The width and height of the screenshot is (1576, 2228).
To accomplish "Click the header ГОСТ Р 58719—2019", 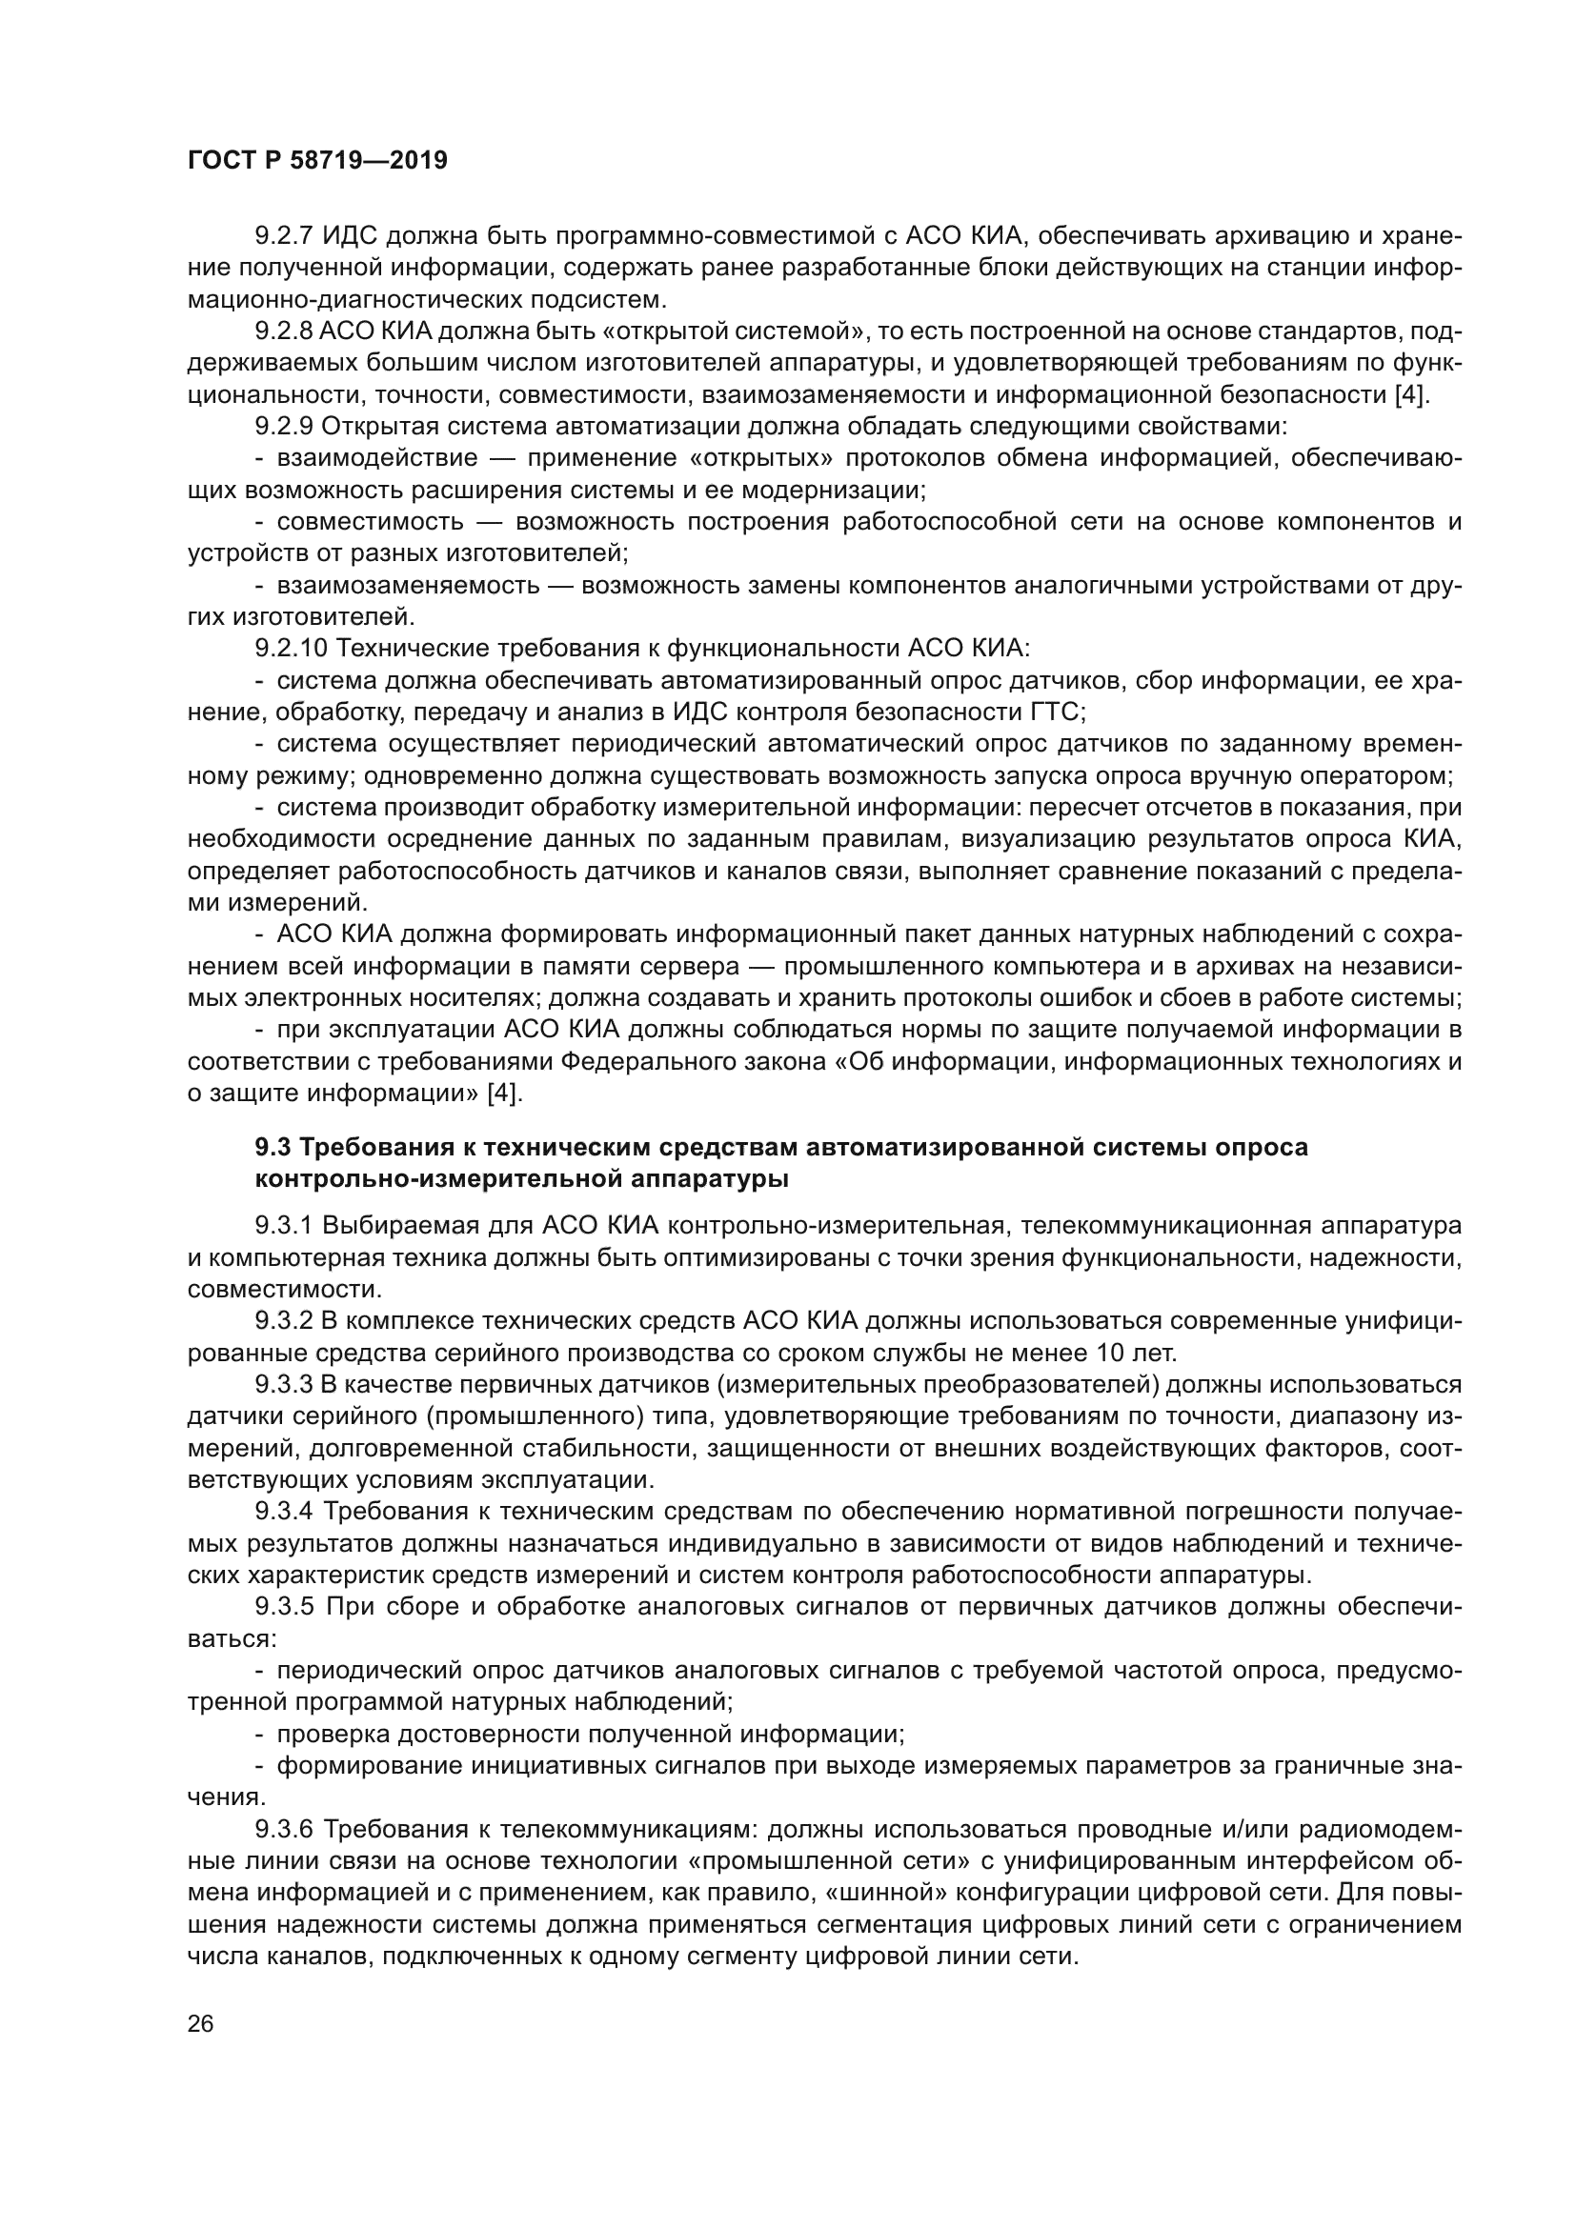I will coord(317,161).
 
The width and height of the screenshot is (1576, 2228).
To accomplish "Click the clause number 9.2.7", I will coord(283,236).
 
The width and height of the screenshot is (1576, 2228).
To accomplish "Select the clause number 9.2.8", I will coord(283,331).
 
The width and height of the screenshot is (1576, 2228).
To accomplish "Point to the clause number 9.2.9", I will coord(283,426).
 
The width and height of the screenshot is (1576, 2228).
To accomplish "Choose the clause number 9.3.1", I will coord(283,1227).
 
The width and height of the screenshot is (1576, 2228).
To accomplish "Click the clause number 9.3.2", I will coord(283,1322).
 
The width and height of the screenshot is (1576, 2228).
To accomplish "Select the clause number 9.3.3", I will coord(283,1385).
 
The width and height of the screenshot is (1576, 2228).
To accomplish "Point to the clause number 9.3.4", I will coord(283,1512).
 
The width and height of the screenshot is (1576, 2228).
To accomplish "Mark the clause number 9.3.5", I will coord(283,1607).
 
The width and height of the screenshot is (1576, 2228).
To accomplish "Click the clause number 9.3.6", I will coord(283,1829).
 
